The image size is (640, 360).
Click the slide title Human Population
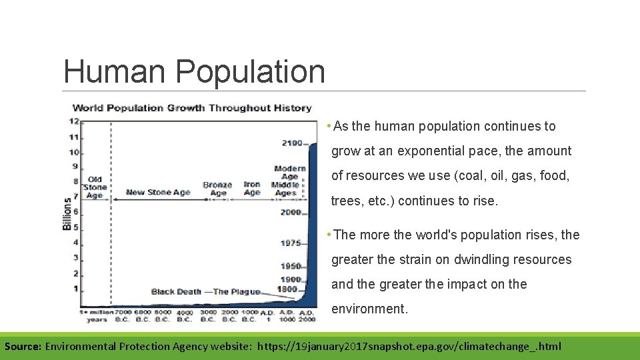[x=194, y=71]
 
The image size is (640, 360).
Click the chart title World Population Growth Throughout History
[x=192, y=107]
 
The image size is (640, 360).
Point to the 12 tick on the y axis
[x=74, y=121]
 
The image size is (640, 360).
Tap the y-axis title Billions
[x=67, y=213]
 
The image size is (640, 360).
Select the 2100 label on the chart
[x=291, y=143]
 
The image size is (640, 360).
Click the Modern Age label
[x=289, y=173]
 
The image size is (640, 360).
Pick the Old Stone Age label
[x=95, y=187]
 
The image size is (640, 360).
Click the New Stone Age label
[x=158, y=193]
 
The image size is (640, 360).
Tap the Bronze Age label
[x=217, y=189]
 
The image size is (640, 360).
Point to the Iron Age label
[x=252, y=189]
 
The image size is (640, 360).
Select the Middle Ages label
[x=285, y=189]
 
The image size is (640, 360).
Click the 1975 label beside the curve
[x=291, y=243]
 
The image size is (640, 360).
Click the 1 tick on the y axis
[x=75, y=289]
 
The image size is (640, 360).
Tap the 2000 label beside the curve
[x=291, y=213]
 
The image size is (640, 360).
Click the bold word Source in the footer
[x=23, y=347]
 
